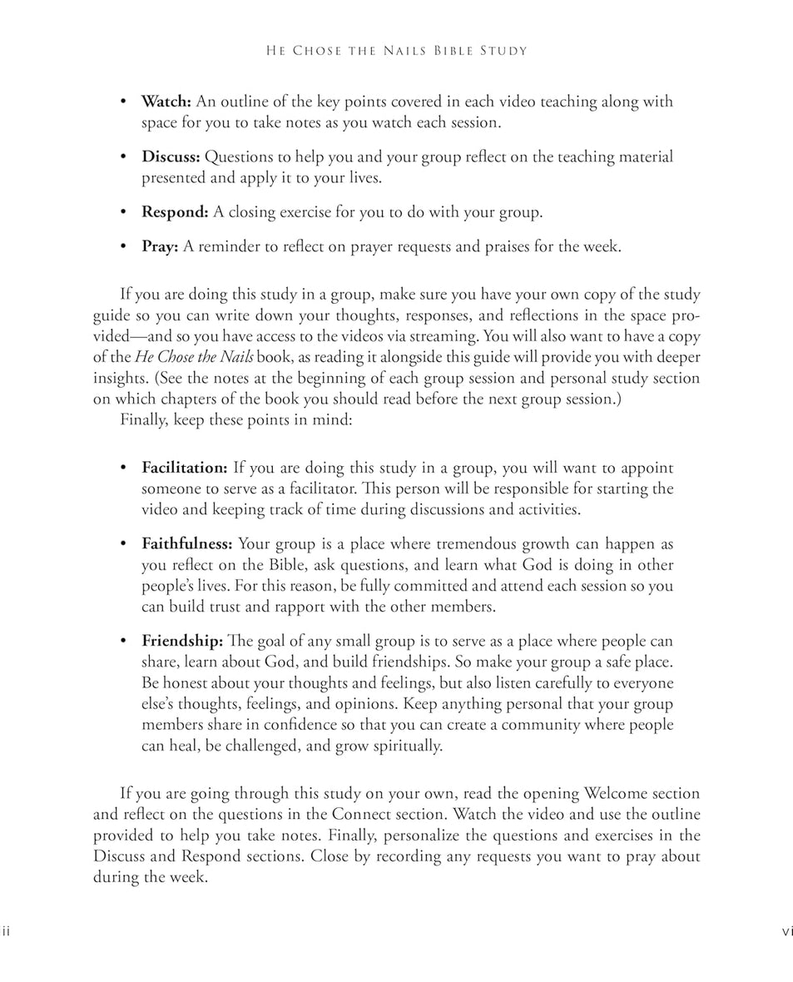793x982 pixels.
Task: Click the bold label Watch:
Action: [166, 102]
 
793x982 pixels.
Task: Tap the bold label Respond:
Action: [175, 211]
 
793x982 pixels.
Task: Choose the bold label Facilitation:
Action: [184, 468]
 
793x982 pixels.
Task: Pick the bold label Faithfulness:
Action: [186, 544]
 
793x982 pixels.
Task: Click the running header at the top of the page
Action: [396, 52]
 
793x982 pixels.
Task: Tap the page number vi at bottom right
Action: [786, 931]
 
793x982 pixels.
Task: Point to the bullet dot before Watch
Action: [123, 102]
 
